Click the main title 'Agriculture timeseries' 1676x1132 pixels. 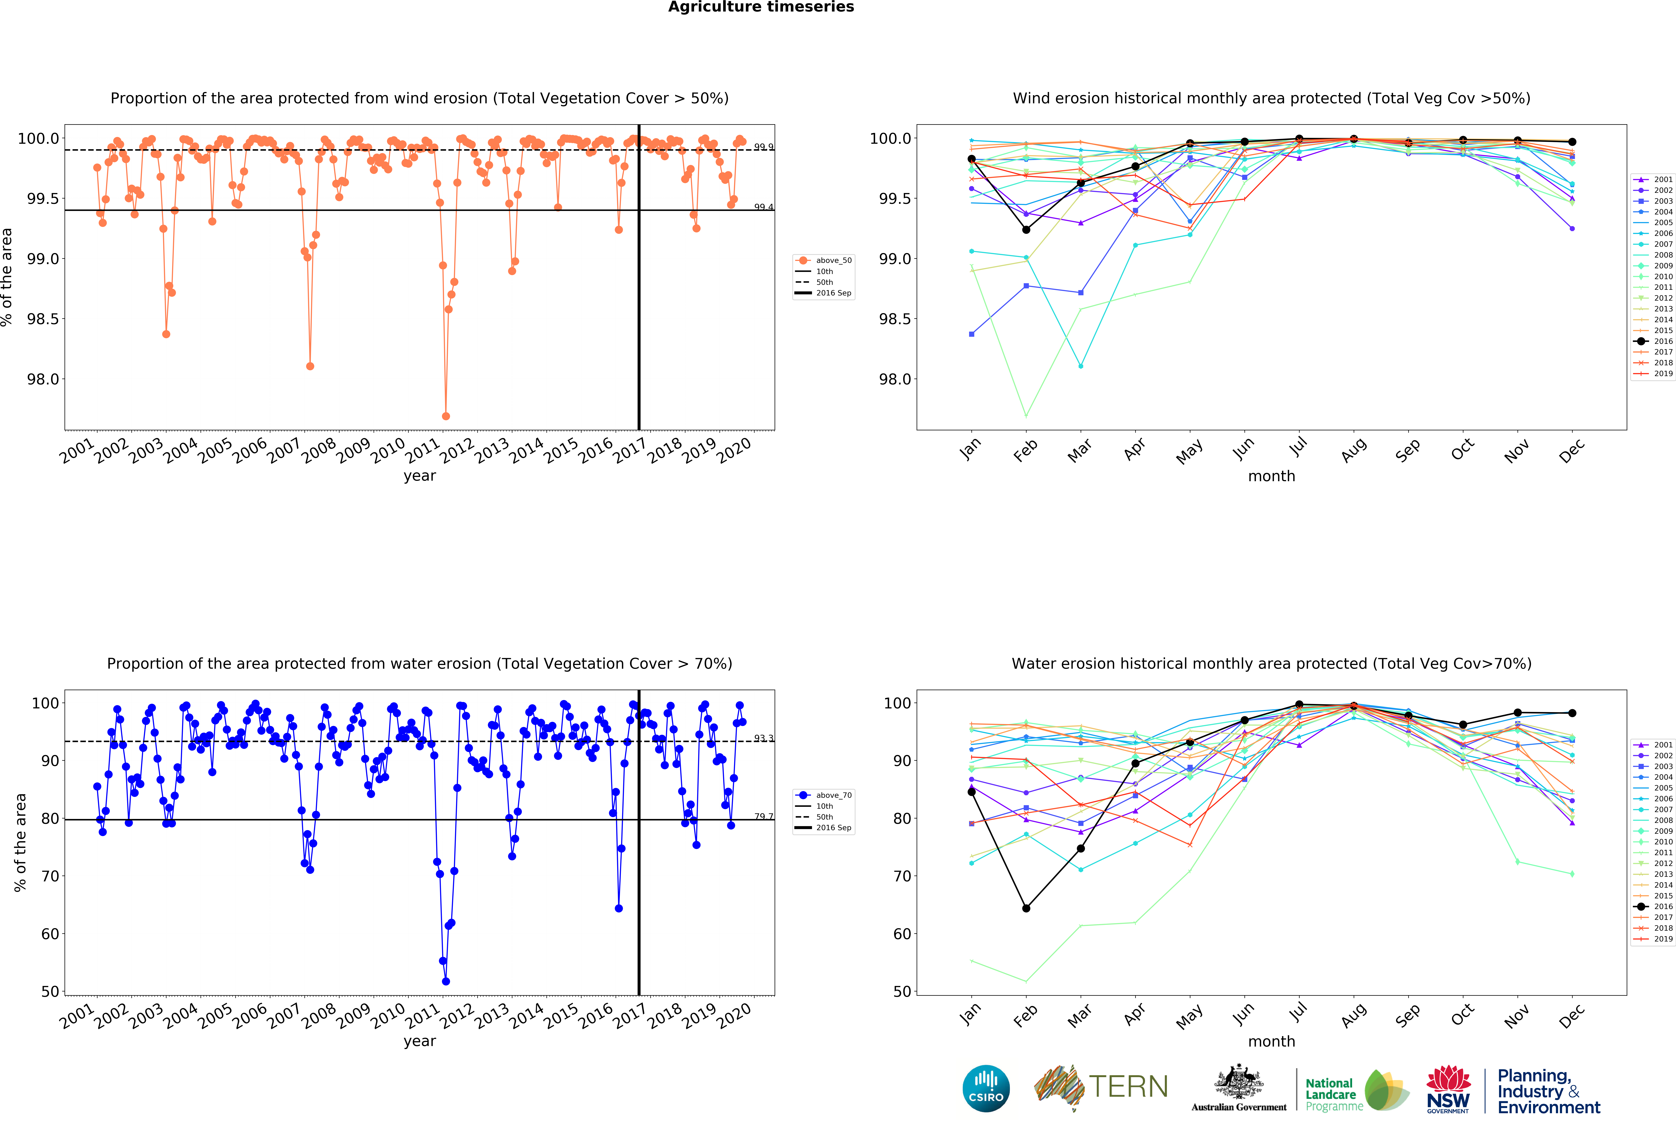pos(761,7)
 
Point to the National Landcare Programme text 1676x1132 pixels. pos(1333,1094)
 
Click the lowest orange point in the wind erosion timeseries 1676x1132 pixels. pos(446,416)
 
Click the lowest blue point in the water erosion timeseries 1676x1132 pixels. pos(446,981)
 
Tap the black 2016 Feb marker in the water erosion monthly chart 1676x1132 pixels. pos(1026,909)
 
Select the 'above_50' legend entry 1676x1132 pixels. pos(833,260)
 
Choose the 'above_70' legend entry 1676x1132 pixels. pos(833,795)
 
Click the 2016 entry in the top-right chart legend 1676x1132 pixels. pos(1663,341)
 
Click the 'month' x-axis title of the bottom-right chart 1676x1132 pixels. pos(1271,1041)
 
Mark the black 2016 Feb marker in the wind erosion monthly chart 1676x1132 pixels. pos(1026,229)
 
